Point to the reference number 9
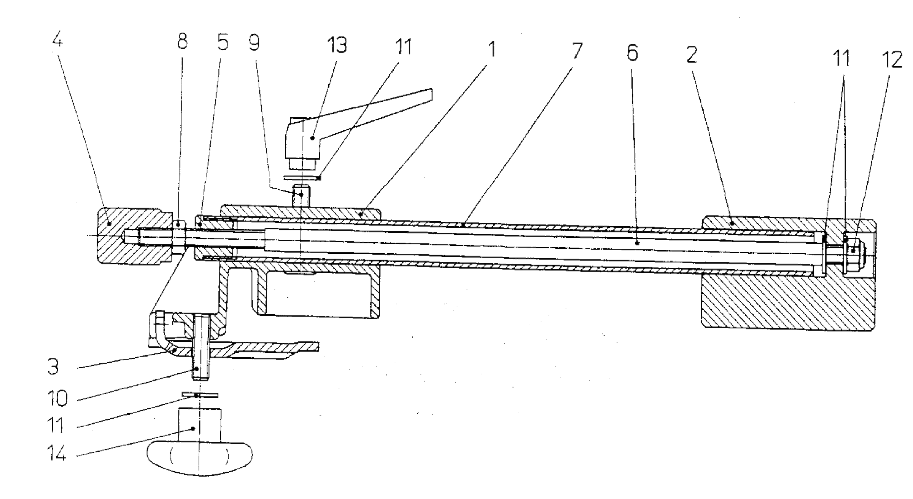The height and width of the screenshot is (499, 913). click(254, 42)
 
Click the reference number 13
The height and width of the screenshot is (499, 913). click(337, 45)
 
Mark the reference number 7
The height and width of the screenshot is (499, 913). click(577, 51)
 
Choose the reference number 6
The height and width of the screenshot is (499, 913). click(632, 53)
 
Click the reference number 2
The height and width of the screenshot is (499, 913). click(692, 54)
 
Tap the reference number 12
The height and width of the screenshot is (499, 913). click(892, 60)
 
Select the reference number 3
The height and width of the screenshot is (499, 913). click(53, 367)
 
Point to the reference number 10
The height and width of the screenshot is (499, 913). click(57, 398)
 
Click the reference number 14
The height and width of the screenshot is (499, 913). click(56, 453)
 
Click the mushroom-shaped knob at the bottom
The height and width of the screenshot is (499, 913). click(200, 457)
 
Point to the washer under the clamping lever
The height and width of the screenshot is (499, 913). click(302, 178)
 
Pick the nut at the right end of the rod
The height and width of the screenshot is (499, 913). click(853, 250)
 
